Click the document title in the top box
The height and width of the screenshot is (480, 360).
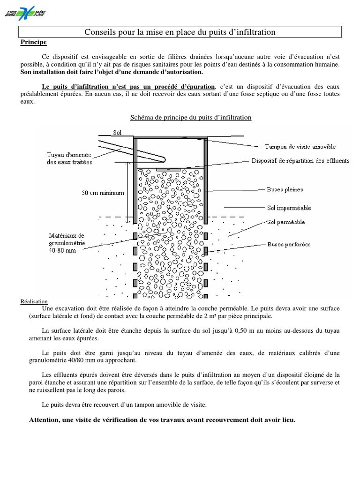(x=180, y=32)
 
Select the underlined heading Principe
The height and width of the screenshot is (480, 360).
(x=33, y=42)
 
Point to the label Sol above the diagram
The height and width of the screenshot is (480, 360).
(x=117, y=133)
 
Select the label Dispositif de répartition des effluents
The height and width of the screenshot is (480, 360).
(x=300, y=161)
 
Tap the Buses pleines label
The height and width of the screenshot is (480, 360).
(x=285, y=189)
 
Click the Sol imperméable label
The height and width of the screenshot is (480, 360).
(x=289, y=207)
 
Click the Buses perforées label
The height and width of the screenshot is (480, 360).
(x=287, y=244)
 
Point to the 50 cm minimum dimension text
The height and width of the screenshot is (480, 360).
(x=103, y=193)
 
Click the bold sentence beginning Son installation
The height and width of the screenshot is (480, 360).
(x=112, y=72)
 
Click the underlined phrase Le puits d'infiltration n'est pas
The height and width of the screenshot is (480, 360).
(x=128, y=87)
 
